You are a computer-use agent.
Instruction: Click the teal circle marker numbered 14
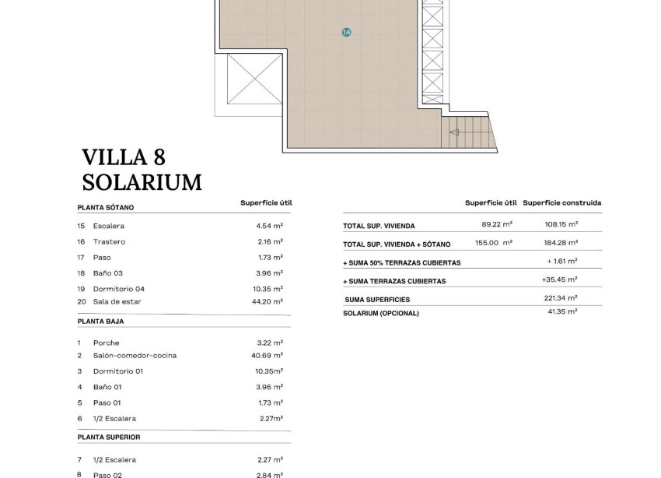[x=346, y=32]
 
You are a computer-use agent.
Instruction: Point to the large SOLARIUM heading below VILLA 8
[x=142, y=182]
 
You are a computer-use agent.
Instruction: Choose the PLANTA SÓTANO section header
[x=106, y=208]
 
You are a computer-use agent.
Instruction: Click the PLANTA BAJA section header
[x=100, y=321]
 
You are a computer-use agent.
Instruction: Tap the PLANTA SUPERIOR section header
[x=109, y=438]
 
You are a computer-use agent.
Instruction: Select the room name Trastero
[x=109, y=242]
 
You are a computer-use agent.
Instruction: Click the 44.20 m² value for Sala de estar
[x=269, y=301]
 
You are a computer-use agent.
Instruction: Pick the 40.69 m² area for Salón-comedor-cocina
[x=269, y=356]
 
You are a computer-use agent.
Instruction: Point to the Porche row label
[x=107, y=343]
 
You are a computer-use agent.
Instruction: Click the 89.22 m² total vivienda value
[x=497, y=225]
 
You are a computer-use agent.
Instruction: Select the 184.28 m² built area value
[x=561, y=243]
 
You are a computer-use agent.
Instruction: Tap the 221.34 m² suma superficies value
[x=561, y=298]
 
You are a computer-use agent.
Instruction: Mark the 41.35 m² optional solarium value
[x=562, y=311]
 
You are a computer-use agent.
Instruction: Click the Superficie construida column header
[x=561, y=203]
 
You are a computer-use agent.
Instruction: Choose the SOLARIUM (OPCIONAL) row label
[x=381, y=313]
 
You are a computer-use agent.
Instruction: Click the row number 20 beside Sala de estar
[x=82, y=301]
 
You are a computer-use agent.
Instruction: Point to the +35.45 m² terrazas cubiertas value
[x=559, y=279]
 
